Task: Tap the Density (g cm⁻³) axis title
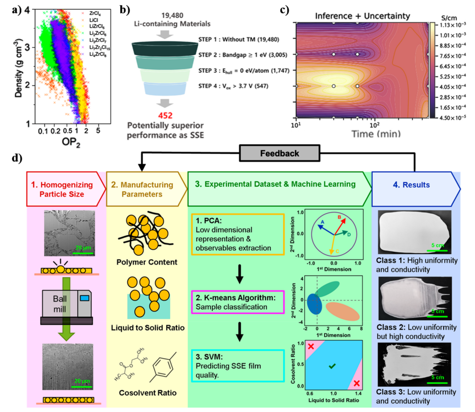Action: point(17,65)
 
